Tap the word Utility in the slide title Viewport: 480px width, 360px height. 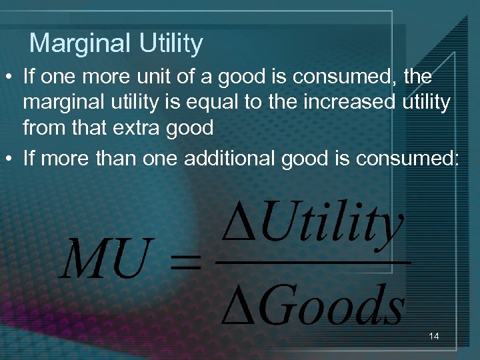pyautogui.click(x=171, y=44)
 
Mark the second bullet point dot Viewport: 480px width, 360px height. pyautogui.click(x=10, y=159)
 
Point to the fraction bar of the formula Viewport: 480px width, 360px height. pyautogui.click(x=313, y=262)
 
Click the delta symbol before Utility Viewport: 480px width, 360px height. pyautogui.click(x=238, y=225)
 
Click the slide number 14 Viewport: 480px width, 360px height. pyautogui.click(x=434, y=337)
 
